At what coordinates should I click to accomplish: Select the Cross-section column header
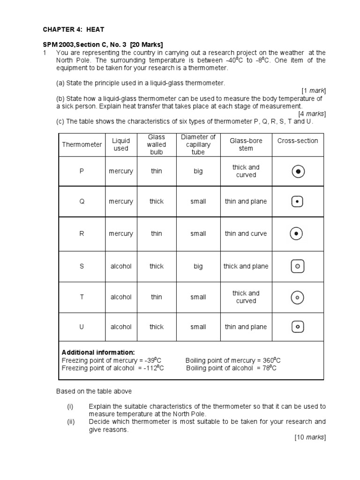(x=298, y=141)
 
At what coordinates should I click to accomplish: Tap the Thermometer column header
(x=82, y=144)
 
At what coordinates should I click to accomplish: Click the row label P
(x=82, y=171)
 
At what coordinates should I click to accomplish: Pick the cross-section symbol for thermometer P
(x=298, y=172)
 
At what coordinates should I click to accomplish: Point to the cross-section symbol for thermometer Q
(x=298, y=202)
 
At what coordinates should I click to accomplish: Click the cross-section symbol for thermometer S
(x=298, y=266)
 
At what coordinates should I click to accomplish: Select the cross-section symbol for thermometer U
(x=298, y=327)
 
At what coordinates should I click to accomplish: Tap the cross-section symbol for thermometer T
(x=298, y=297)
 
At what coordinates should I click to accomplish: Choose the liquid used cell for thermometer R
(x=121, y=233)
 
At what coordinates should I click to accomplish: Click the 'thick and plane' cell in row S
(x=246, y=266)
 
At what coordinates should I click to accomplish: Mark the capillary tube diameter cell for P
(x=198, y=171)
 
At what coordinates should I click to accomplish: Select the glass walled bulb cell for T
(x=157, y=297)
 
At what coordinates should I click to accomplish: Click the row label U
(x=82, y=327)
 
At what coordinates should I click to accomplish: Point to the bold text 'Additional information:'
(x=98, y=352)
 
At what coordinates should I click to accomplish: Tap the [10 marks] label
(x=310, y=437)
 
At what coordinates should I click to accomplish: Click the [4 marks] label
(x=312, y=113)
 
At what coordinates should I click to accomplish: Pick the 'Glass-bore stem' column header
(x=246, y=144)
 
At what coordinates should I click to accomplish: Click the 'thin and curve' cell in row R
(x=246, y=233)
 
